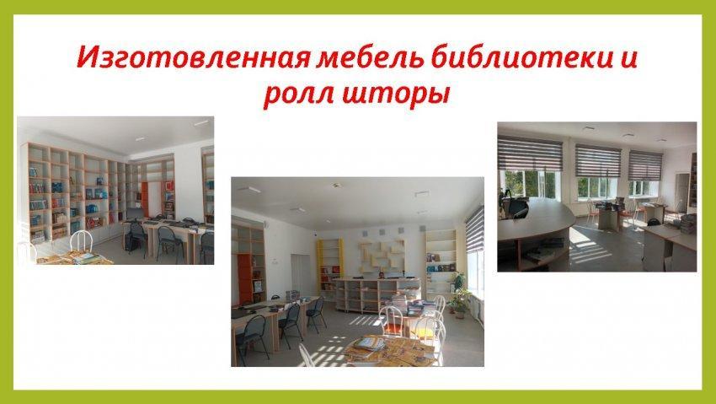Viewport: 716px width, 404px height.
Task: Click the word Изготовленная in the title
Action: (x=194, y=58)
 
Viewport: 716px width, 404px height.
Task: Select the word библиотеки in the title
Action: (x=521, y=57)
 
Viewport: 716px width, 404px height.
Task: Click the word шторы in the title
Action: (x=396, y=94)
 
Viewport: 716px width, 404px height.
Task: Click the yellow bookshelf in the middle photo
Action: (x=330, y=266)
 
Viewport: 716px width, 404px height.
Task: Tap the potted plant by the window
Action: (x=459, y=297)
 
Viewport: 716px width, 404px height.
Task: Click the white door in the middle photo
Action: (x=300, y=277)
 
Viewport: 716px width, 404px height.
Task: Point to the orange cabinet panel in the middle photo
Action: (x=245, y=279)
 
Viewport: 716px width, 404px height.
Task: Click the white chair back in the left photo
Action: (x=81, y=240)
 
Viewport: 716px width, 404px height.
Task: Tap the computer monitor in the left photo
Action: (x=134, y=213)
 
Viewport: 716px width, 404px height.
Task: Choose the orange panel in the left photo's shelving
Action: (x=145, y=199)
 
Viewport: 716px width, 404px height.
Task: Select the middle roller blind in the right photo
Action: (x=598, y=161)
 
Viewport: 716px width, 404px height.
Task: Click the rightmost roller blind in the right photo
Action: (x=645, y=165)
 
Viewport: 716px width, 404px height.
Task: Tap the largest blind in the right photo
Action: (x=530, y=154)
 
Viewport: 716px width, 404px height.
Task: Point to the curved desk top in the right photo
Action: (x=535, y=219)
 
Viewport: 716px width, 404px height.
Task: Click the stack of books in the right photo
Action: (x=688, y=224)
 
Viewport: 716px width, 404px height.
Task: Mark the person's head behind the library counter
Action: (x=382, y=275)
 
